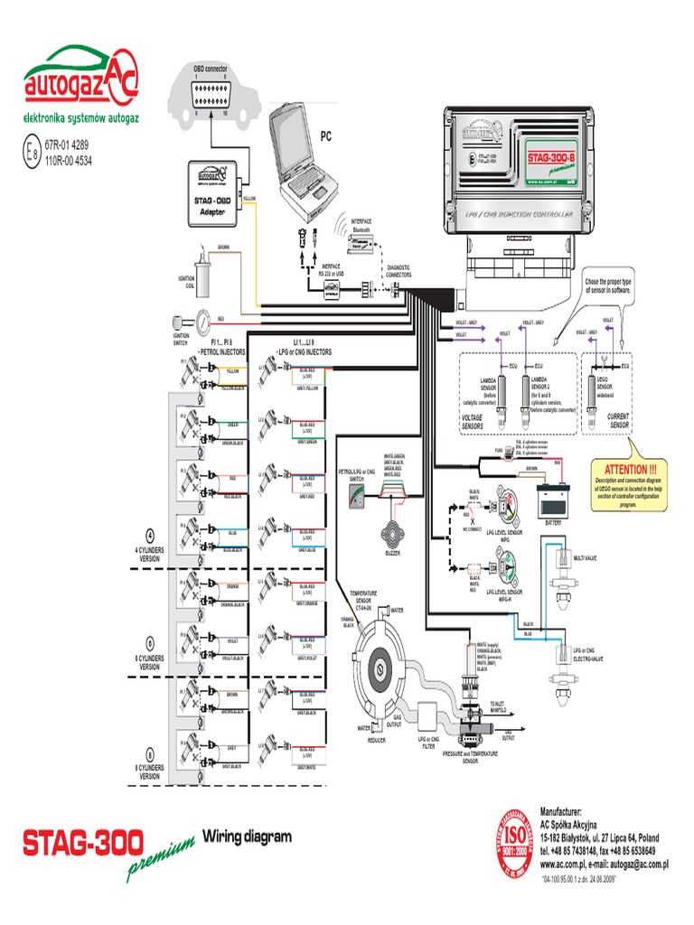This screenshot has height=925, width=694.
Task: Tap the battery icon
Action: (554, 496)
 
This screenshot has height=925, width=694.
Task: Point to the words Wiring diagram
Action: (247, 836)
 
